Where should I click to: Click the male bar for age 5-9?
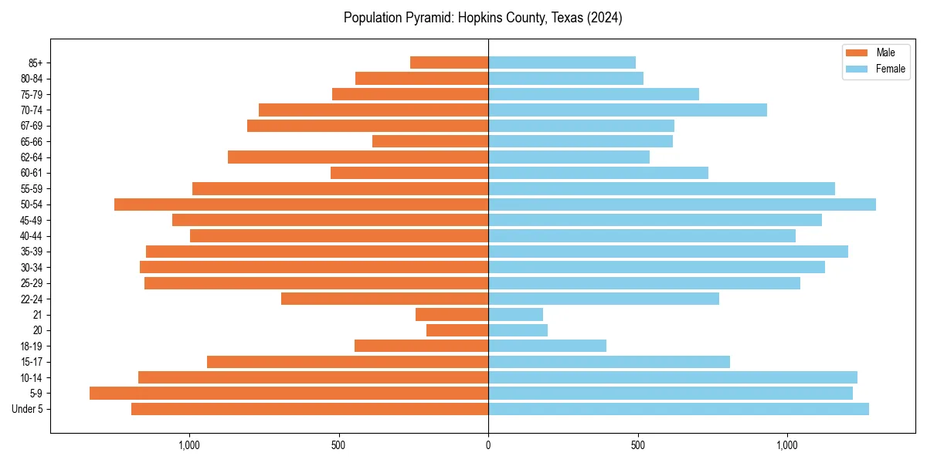pyautogui.click(x=289, y=393)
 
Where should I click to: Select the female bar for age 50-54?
pyautogui.click(x=682, y=204)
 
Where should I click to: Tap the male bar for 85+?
pyautogui.click(x=449, y=63)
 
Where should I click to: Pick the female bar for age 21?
pyautogui.click(x=515, y=314)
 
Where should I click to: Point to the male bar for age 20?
pyautogui.click(x=457, y=330)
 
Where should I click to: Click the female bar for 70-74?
pyautogui.click(x=627, y=110)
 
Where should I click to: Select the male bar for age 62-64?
pyautogui.click(x=358, y=157)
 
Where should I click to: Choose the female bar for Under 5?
pyautogui.click(x=678, y=409)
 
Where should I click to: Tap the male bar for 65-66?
pyautogui.click(x=430, y=141)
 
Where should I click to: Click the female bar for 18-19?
pyautogui.click(x=547, y=346)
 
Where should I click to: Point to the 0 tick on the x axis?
pyautogui.click(x=488, y=445)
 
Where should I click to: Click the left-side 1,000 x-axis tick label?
pyautogui.click(x=189, y=445)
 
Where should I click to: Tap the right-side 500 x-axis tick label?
pyautogui.click(x=637, y=445)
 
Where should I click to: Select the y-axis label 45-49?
pyautogui.click(x=31, y=220)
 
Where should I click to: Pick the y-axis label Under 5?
pyautogui.click(x=28, y=409)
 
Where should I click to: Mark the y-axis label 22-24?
pyautogui.click(x=31, y=299)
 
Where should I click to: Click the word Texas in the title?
pyautogui.click(x=566, y=18)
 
